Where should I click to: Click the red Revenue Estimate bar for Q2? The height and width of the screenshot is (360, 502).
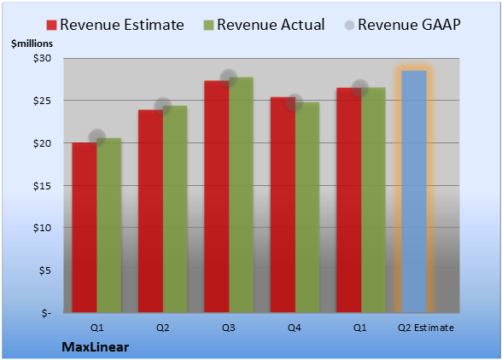tap(150, 212)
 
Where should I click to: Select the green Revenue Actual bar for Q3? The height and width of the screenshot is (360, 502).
tap(241, 195)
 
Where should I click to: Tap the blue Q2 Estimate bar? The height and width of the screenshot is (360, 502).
tap(414, 192)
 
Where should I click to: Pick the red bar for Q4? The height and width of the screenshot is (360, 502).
tap(283, 205)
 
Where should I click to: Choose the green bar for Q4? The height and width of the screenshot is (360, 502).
tap(307, 207)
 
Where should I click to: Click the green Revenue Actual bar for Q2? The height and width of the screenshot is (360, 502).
tap(175, 209)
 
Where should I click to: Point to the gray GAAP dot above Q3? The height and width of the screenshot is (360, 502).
tap(229, 78)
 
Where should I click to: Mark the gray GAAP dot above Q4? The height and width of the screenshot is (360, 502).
tap(295, 102)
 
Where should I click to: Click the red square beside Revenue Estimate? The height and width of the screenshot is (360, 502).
tap(51, 25)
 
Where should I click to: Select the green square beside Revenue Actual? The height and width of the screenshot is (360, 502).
tap(208, 25)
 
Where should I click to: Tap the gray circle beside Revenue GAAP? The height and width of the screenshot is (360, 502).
tap(350, 25)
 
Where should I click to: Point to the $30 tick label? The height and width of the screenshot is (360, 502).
tap(43, 58)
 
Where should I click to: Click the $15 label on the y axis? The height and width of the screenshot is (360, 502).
tap(43, 186)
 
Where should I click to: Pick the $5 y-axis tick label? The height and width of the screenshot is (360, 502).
tap(45, 270)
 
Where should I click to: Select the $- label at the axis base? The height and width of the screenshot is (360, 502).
tap(46, 312)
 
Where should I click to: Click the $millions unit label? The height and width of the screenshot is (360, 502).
tap(32, 44)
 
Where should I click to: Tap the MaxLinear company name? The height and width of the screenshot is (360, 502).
tap(96, 347)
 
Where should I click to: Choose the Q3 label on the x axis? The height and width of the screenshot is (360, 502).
tap(229, 328)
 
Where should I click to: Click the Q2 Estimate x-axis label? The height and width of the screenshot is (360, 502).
tap(426, 328)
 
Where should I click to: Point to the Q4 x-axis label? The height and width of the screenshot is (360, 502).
tap(295, 328)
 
